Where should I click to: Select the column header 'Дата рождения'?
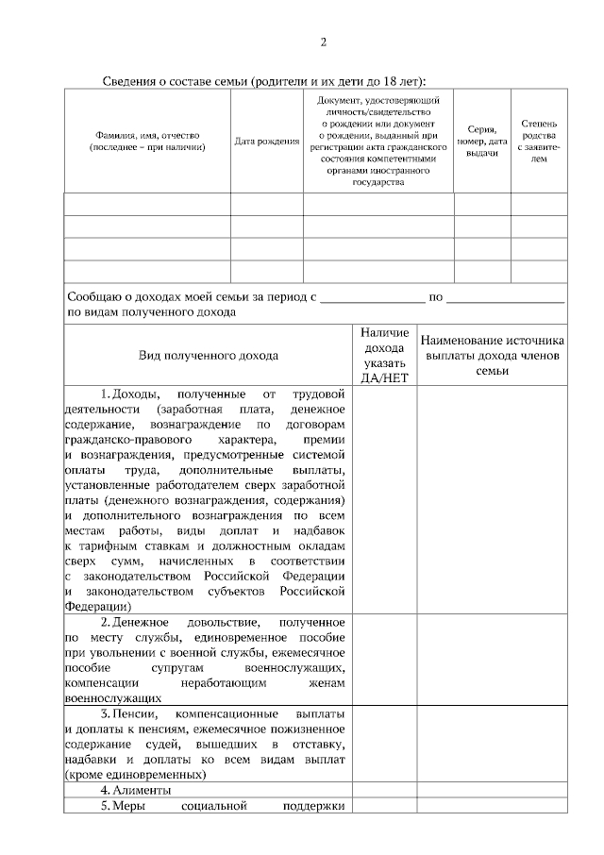(267, 142)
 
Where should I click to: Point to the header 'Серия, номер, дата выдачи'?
(481, 142)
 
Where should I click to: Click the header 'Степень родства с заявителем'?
(539, 142)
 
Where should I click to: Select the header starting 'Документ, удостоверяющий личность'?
(377, 141)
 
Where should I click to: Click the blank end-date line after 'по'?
(505, 297)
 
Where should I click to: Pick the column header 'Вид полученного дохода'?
(209, 356)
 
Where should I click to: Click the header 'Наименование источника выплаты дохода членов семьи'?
(493, 356)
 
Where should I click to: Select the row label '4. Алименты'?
(136, 789)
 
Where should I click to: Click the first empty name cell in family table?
(147, 204)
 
